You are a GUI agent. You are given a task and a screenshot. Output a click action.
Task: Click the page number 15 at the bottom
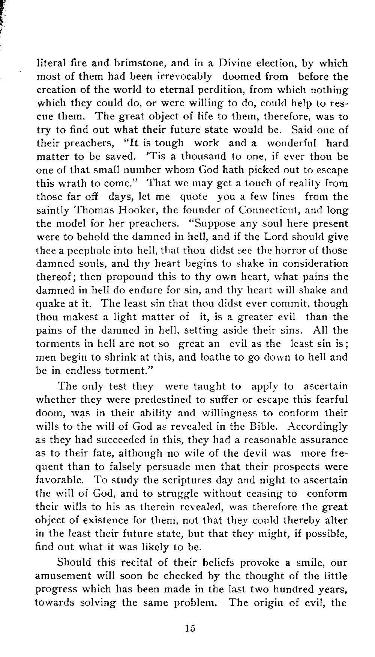coord(190,628)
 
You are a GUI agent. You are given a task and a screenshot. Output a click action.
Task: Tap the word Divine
coord(236,63)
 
